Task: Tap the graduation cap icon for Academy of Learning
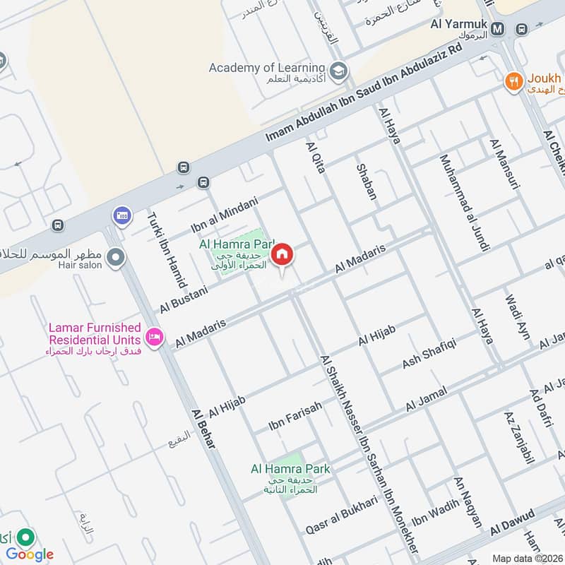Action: [x=339, y=69]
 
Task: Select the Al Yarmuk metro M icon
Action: [x=499, y=29]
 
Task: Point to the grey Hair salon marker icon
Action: [x=117, y=259]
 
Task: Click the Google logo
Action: [x=30, y=554]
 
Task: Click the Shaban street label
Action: [x=366, y=182]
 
